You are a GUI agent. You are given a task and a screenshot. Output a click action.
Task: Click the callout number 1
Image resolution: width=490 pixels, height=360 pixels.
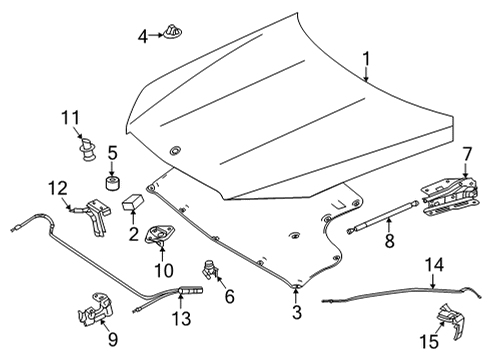point(366,59)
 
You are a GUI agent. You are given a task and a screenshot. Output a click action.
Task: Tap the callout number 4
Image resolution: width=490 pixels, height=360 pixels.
point(143,36)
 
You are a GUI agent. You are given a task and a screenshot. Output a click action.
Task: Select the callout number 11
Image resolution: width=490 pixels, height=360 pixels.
point(71,118)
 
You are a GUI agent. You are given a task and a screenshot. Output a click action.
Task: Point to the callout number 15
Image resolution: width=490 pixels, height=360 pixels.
point(429,342)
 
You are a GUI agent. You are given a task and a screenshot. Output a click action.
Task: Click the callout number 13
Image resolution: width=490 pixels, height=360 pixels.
point(181,318)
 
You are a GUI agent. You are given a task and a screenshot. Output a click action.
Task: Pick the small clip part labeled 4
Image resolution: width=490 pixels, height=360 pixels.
point(173,31)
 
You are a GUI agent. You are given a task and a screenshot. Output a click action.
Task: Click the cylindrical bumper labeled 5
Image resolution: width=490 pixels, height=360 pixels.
point(112,184)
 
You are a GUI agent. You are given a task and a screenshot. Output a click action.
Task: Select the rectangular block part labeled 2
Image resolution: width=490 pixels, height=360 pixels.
point(133,202)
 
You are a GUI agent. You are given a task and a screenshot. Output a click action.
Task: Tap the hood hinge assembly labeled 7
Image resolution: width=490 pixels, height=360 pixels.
point(450,198)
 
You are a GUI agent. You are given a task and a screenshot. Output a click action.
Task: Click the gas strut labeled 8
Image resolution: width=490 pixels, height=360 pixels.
point(383,216)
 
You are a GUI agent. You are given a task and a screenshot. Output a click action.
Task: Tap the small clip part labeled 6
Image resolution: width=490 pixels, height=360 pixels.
point(211,270)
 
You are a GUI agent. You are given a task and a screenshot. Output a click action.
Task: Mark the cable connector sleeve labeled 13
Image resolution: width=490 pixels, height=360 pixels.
point(191,291)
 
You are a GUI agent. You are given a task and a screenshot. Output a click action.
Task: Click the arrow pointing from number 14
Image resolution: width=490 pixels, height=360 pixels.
point(433,281)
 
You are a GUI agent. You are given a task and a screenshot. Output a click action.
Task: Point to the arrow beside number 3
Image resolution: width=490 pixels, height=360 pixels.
point(296,295)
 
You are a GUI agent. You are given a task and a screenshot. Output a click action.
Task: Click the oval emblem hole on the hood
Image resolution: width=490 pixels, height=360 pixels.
point(174,150)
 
